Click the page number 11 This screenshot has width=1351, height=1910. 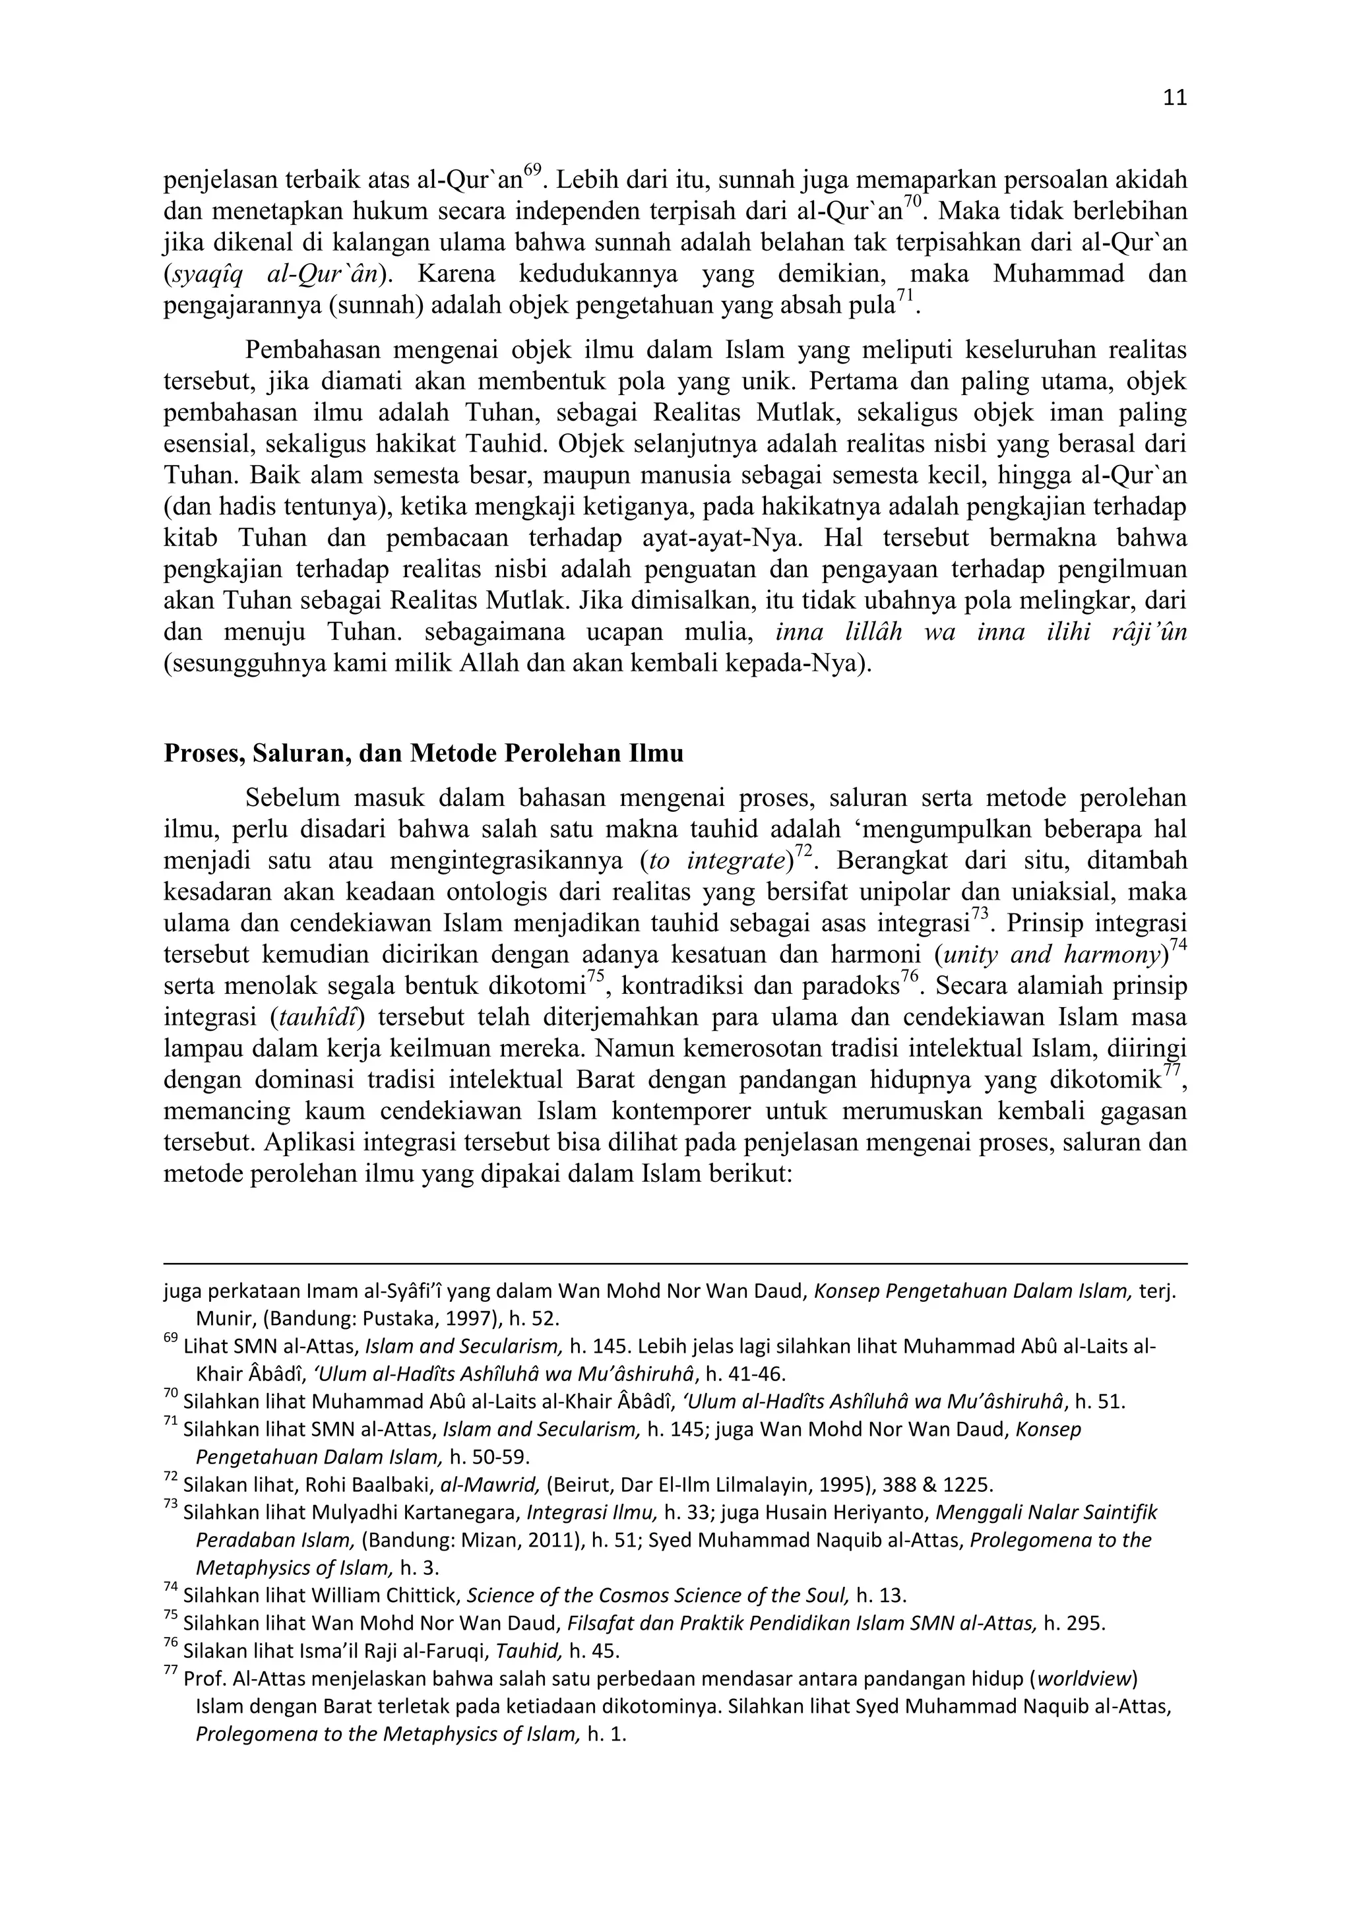click(x=1174, y=98)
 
